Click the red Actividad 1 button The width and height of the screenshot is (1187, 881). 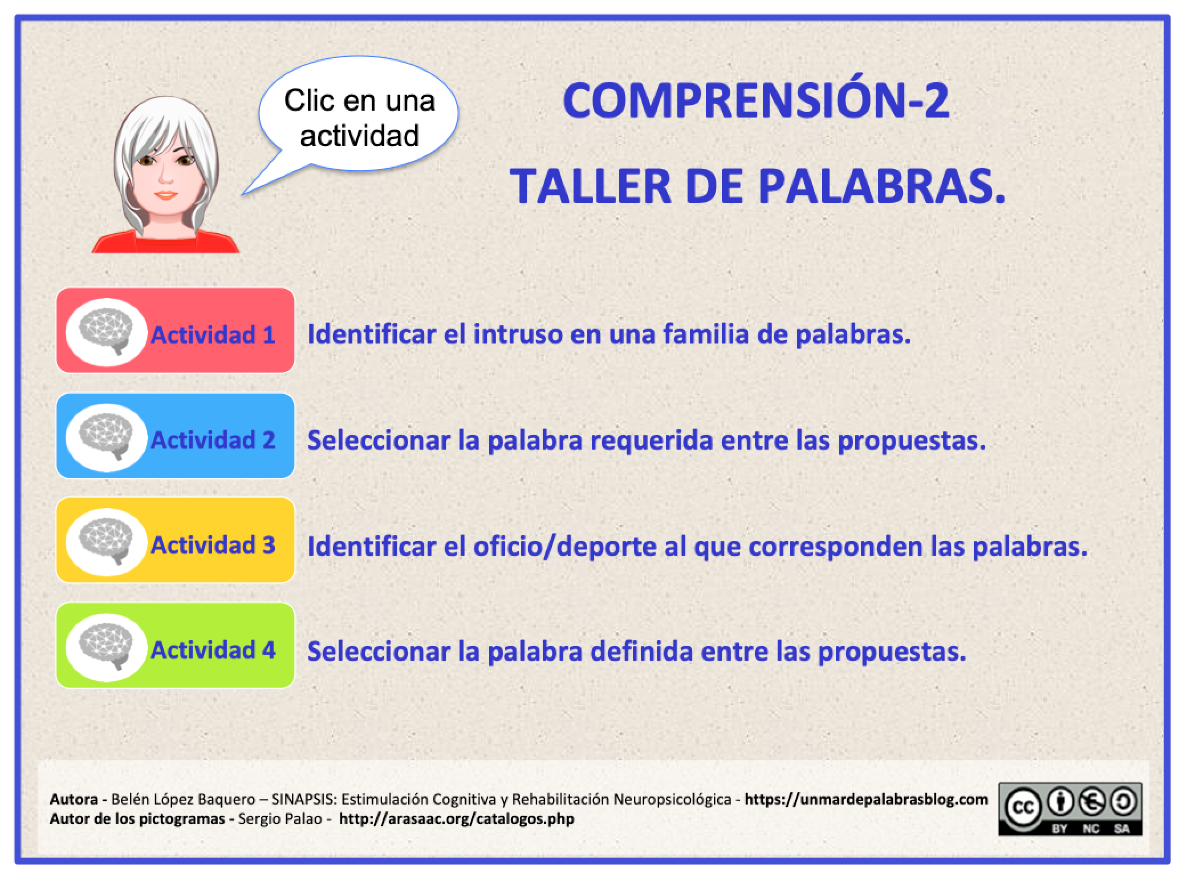click(x=175, y=331)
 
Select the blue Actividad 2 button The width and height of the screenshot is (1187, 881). click(x=175, y=436)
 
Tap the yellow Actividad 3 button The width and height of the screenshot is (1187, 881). click(x=175, y=540)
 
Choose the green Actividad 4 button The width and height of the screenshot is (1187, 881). click(x=175, y=646)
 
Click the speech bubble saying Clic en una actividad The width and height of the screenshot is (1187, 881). click(x=359, y=117)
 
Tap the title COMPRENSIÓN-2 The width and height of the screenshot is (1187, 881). click(x=756, y=102)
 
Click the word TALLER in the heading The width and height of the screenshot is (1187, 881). click(x=591, y=186)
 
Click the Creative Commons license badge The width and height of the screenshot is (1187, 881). click(x=1070, y=809)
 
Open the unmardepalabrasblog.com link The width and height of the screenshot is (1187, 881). click(x=866, y=799)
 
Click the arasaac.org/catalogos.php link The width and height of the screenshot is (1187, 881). click(x=456, y=819)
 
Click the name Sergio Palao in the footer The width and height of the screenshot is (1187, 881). click(x=281, y=819)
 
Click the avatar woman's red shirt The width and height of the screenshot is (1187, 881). click(x=165, y=243)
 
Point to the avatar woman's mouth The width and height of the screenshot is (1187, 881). click(x=166, y=196)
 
